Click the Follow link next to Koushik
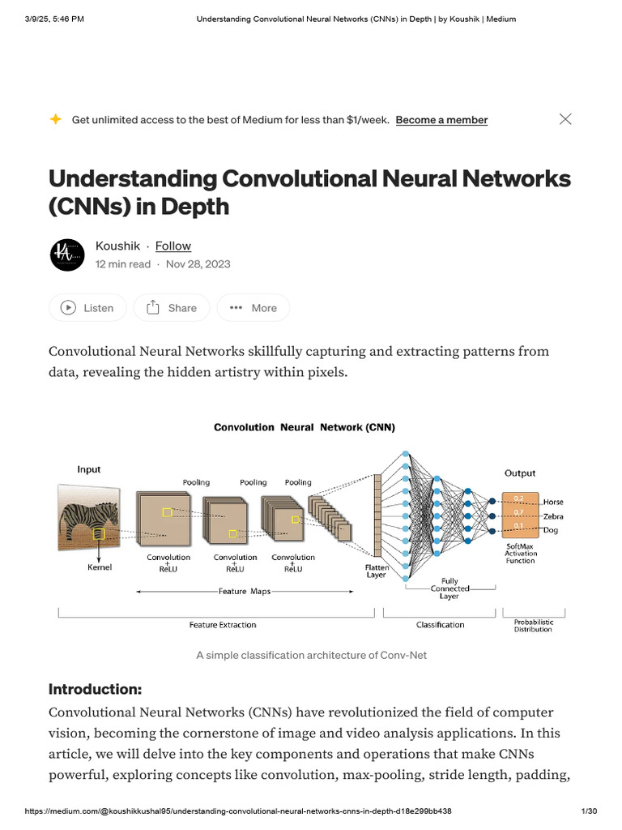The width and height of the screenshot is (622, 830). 173,246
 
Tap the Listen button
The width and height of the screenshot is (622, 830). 87,308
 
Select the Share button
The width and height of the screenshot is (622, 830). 172,308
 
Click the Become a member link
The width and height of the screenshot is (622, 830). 441,120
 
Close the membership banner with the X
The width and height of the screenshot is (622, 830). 565,119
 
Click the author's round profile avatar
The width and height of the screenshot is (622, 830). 67,255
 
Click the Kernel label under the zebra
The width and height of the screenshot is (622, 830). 100,567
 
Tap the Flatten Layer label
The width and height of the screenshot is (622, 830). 377,571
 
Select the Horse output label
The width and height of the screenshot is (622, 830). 553,503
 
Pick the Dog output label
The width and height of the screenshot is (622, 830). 552,530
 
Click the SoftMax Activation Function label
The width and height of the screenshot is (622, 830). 520,554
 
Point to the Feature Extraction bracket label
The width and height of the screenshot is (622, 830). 223,625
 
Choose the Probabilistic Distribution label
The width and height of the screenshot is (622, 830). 533,626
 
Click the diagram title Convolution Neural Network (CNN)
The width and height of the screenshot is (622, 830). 305,427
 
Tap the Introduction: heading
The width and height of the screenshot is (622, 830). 95,690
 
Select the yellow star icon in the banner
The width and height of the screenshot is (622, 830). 55,119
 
